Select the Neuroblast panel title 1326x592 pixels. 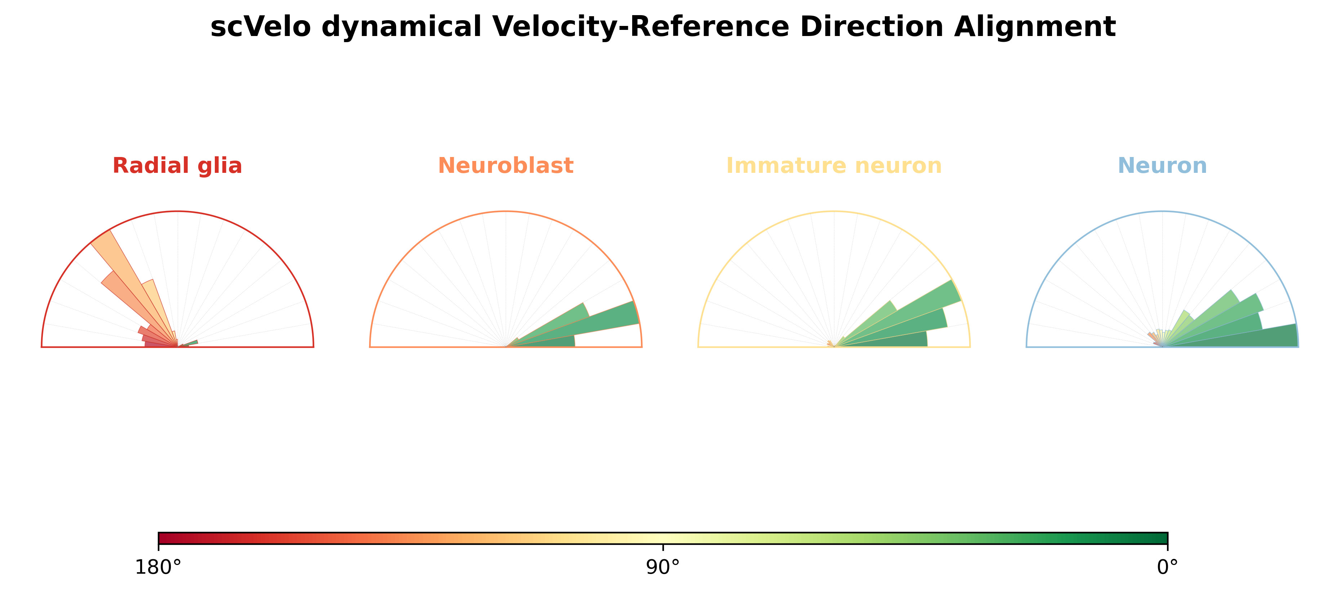pyautogui.click(x=505, y=166)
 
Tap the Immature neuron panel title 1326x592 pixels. pyautogui.click(x=834, y=166)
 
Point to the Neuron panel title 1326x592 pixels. pyautogui.click(x=1162, y=166)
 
